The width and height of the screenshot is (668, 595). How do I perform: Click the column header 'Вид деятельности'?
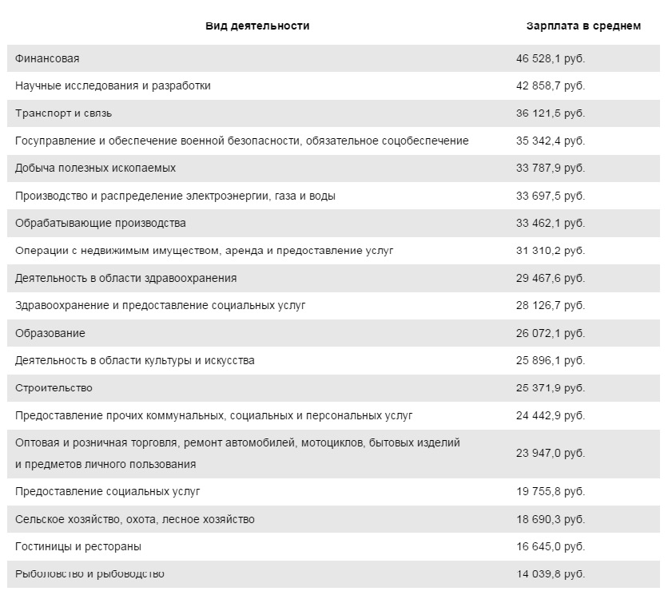[x=257, y=26]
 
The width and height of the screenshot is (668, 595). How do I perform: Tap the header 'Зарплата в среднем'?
[x=583, y=26]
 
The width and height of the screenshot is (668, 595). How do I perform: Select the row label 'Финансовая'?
[x=47, y=58]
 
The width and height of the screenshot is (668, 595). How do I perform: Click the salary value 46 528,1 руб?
[x=551, y=58]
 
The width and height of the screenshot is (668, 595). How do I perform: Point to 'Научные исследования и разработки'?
[x=113, y=85]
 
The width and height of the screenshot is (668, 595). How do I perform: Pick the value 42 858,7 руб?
[x=551, y=85]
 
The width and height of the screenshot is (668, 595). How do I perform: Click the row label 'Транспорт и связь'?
[x=61, y=113]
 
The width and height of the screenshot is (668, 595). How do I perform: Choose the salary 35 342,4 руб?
[x=551, y=141]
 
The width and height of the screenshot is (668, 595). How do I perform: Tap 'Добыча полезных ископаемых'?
[x=95, y=168]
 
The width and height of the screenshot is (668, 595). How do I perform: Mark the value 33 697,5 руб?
[x=551, y=196]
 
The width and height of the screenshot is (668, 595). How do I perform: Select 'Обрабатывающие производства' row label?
[x=101, y=223]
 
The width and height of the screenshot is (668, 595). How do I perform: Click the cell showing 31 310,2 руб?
[x=551, y=251]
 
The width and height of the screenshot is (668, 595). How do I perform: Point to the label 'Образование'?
[x=50, y=333]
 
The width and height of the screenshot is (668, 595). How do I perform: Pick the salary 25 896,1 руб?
[x=551, y=360]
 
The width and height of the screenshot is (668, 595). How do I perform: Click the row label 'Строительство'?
[x=54, y=388]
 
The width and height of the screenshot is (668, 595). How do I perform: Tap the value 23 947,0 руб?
[x=551, y=453]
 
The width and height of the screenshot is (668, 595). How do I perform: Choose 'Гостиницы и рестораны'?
[x=78, y=547]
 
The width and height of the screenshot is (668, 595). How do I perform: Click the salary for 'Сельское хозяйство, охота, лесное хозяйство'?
[x=551, y=519]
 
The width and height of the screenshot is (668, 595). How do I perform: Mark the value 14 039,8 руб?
[x=551, y=574]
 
